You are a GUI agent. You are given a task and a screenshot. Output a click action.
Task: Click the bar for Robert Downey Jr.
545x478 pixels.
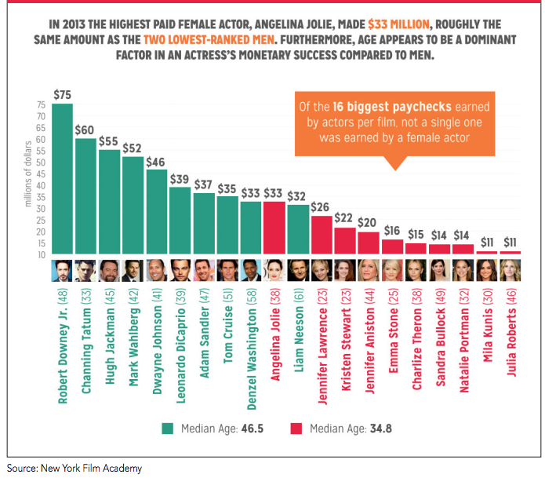coord(63,181)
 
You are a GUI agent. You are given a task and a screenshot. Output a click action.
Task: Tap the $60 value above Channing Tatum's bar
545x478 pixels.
coord(85,130)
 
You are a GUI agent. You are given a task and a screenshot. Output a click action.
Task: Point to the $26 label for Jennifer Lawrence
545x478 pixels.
coord(322,207)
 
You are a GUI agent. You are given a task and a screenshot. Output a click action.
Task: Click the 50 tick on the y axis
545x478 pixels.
coord(42,162)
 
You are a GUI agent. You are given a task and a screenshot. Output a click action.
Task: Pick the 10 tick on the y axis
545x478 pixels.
coord(42,255)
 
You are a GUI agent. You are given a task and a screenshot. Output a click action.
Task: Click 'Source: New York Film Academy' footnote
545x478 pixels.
coord(75,468)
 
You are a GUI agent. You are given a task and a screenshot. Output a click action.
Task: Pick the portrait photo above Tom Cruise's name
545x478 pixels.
coord(227,271)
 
